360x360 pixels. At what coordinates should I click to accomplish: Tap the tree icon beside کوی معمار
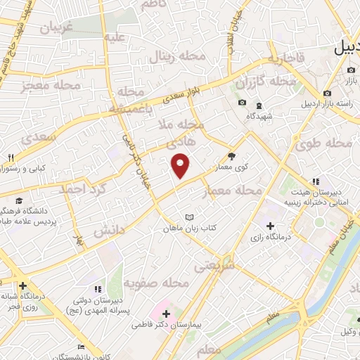pos(232,157)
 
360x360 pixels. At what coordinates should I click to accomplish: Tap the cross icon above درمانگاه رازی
pos(271,226)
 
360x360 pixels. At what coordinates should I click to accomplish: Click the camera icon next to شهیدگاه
pos(242,103)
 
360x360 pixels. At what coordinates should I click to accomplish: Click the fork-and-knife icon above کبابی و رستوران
pos(12,157)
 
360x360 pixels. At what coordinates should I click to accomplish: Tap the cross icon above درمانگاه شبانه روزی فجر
pos(24,285)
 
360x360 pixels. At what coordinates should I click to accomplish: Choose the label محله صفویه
pos(157,283)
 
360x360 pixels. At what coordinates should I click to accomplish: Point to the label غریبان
pos(60,29)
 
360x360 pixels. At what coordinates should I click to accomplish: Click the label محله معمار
pos(231,191)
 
